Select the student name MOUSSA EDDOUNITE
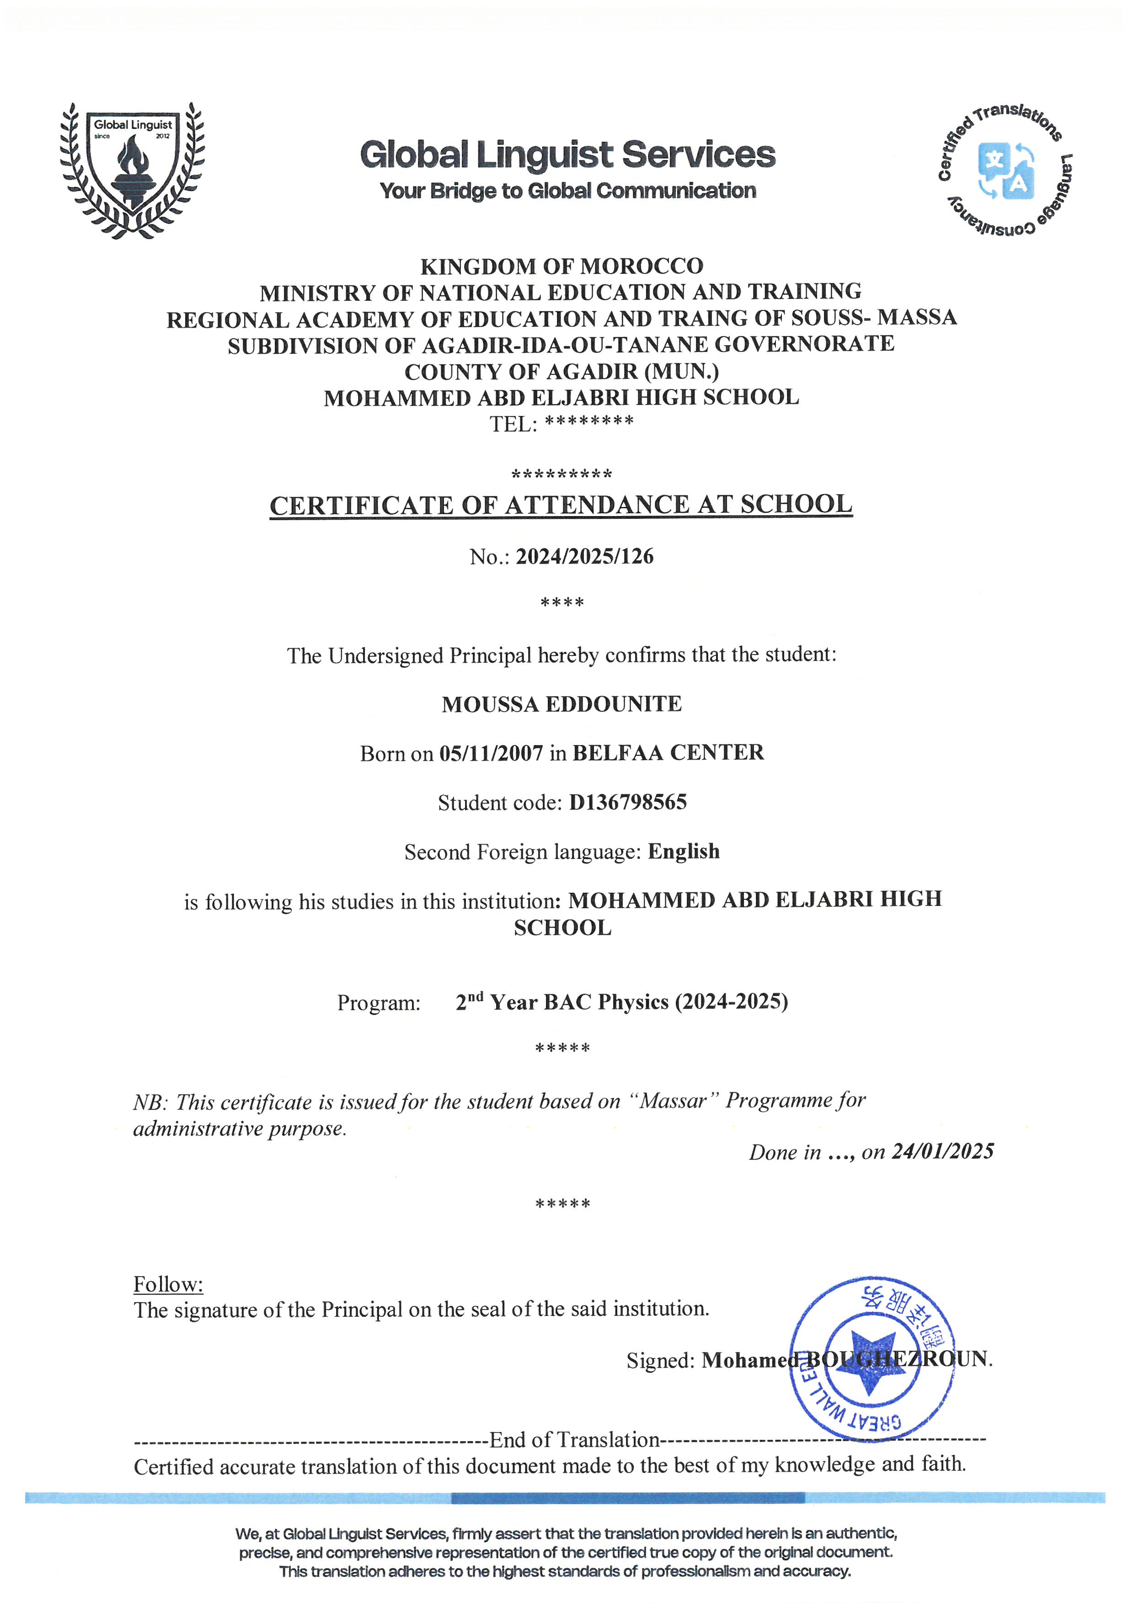click(x=562, y=704)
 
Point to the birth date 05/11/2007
click(x=491, y=753)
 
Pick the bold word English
click(x=684, y=851)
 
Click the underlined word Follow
click(x=168, y=1284)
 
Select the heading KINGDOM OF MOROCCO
click(x=562, y=266)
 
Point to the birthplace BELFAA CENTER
click(x=668, y=753)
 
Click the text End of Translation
click(x=574, y=1440)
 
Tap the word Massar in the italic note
click(x=674, y=1101)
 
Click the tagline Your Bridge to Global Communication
click(x=568, y=191)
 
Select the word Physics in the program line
click(x=633, y=1002)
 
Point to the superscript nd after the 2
click(x=476, y=996)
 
